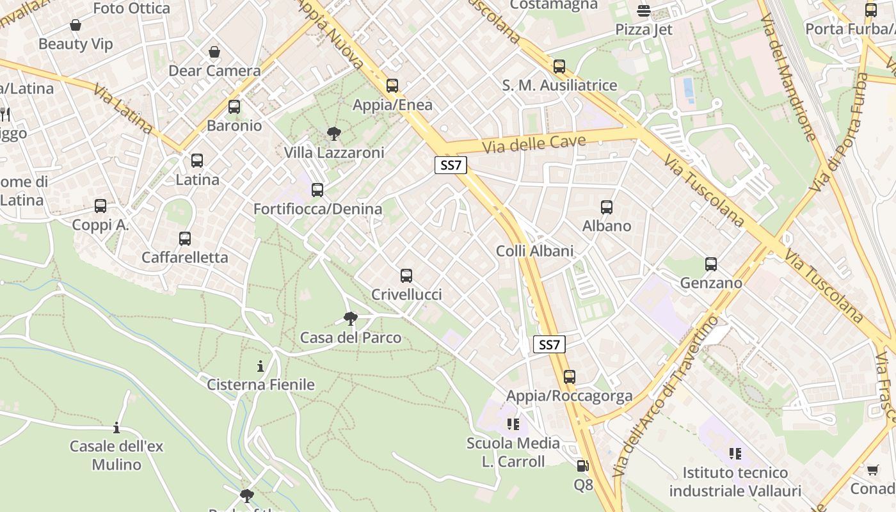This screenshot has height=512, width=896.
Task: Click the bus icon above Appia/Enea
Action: click(x=392, y=86)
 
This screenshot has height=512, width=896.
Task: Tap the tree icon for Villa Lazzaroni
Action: click(x=333, y=134)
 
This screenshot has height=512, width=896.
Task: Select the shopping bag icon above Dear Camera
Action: click(x=214, y=52)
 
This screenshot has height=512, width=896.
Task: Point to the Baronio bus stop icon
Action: click(x=234, y=107)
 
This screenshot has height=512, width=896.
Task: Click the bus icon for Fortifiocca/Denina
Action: click(x=317, y=190)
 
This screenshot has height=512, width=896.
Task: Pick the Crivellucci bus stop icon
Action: click(x=406, y=276)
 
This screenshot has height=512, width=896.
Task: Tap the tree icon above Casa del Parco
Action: click(x=350, y=318)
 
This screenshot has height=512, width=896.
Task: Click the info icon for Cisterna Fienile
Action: click(x=260, y=367)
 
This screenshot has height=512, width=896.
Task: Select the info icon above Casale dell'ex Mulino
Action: click(x=116, y=428)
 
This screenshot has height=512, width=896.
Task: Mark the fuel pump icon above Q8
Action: click(x=582, y=467)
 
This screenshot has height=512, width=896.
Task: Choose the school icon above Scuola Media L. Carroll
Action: click(x=513, y=424)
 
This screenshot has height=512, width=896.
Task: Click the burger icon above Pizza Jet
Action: click(x=644, y=11)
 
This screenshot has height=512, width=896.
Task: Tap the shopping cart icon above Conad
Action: click(x=872, y=470)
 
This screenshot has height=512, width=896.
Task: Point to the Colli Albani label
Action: click(x=535, y=251)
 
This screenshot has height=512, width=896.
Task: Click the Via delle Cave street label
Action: click(x=534, y=143)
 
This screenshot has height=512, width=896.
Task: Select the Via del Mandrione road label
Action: click(x=788, y=77)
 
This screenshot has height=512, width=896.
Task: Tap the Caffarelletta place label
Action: click(x=184, y=257)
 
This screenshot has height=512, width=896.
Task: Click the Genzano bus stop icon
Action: click(x=711, y=264)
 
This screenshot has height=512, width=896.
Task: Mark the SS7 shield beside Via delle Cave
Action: click(x=451, y=165)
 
